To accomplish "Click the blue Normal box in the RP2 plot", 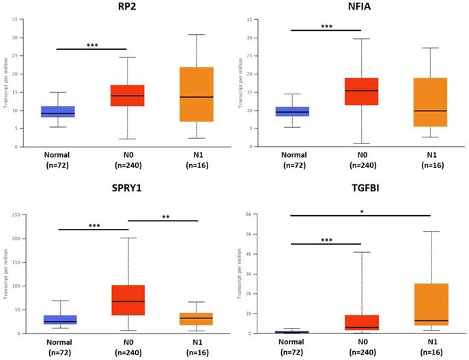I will [58, 111].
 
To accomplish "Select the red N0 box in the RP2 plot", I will [126, 96].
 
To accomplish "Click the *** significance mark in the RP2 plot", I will [92, 45].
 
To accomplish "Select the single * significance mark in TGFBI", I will [360, 212].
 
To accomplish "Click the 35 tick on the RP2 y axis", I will [16, 19].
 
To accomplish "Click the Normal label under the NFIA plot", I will [292, 156].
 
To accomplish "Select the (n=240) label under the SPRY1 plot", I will [126, 352].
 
